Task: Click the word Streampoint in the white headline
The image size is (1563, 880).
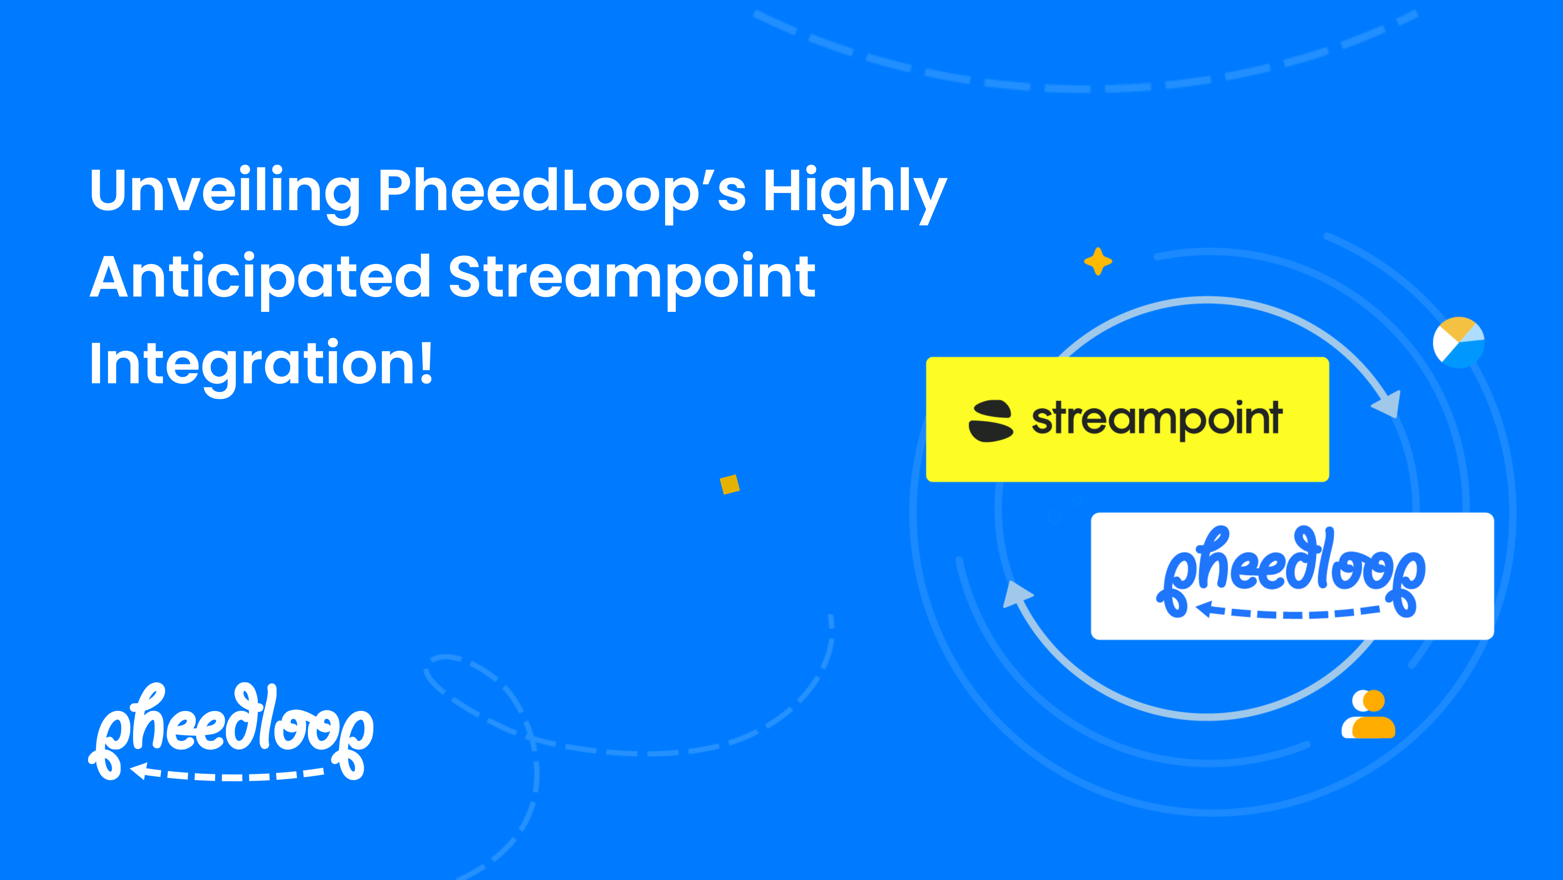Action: [x=631, y=278]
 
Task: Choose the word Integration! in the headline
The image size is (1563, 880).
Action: [x=261, y=364]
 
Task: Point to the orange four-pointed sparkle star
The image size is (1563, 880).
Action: [x=1098, y=262]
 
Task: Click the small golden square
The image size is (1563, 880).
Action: [x=730, y=484]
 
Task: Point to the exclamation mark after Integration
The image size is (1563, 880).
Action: [x=426, y=363]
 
